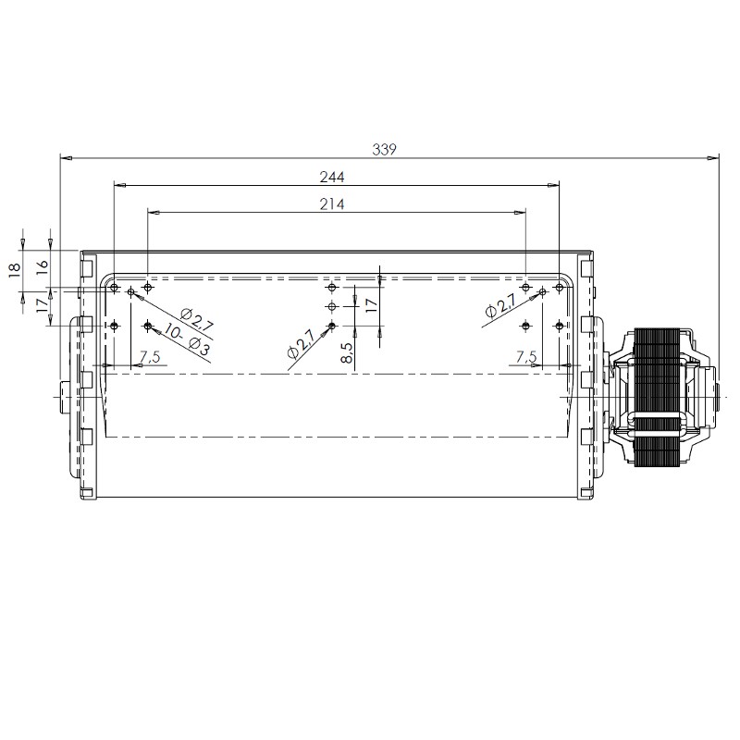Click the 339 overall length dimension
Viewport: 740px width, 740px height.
coord(384,149)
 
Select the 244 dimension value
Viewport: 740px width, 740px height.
coord(332,177)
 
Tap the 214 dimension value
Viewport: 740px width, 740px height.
coord(332,204)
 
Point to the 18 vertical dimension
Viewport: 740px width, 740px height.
coord(15,270)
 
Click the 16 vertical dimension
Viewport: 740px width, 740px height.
coord(43,265)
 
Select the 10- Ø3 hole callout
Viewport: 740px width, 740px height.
coord(187,339)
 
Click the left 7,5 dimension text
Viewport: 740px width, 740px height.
coord(150,357)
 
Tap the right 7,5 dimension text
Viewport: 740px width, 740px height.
coord(526,357)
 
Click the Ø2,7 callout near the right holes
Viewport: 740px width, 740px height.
coord(499,305)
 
